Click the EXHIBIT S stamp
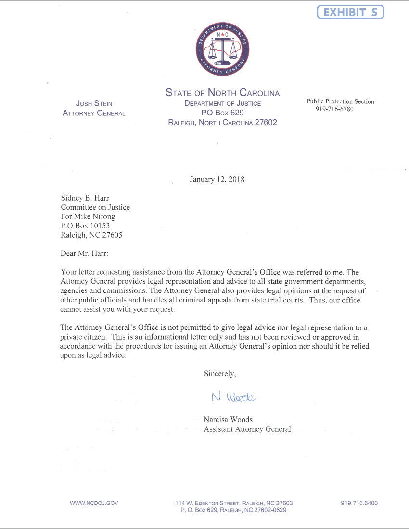[350, 12]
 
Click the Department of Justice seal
[222, 49]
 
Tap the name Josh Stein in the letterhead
[94, 103]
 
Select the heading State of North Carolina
[222, 93]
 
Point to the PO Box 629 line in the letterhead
[222, 113]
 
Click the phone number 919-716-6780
[334, 109]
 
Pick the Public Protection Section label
[340, 101]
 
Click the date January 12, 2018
[217, 180]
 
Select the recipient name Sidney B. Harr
[85, 198]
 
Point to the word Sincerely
[220, 373]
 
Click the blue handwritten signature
[233, 397]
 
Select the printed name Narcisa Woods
[228, 419]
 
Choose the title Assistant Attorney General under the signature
[247, 429]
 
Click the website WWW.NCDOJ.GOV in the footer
[94, 503]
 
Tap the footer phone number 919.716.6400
[359, 503]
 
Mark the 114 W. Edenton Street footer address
[234, 503]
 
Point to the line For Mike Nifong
[88, 216]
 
